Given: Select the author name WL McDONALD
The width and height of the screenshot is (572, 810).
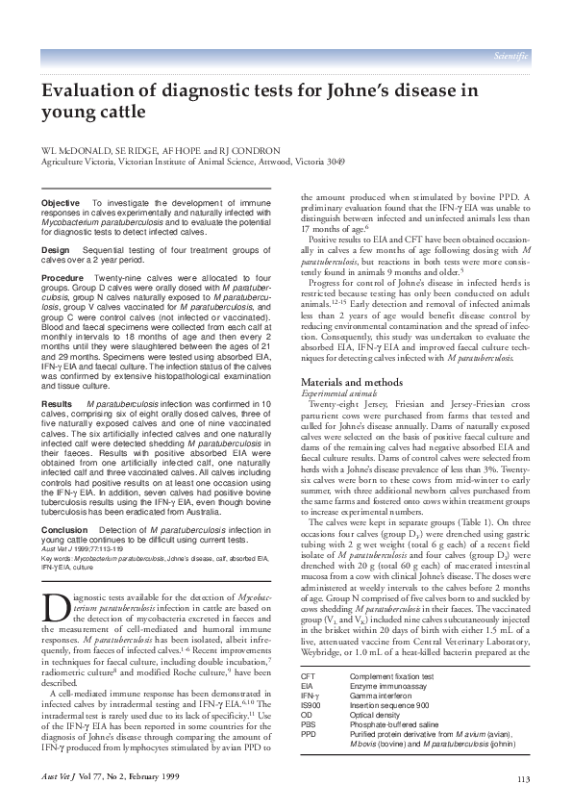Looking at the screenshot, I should click(x=68, y=151).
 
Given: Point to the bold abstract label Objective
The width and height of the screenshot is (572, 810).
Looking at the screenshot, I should click(x=61, y=204).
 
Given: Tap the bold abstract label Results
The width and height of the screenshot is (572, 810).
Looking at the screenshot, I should click(x=58, y=404).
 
